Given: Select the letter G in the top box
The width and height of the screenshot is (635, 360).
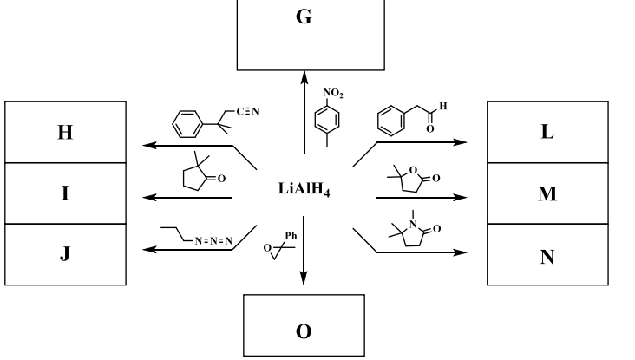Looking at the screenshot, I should [304, 17].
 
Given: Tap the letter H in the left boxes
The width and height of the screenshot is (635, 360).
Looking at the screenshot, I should [65, 134].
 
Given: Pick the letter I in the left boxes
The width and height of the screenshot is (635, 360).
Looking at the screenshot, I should [65, 193].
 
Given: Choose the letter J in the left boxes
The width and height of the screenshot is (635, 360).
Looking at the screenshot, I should [65, 256].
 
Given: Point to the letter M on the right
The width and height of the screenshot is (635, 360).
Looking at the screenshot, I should [547, 193].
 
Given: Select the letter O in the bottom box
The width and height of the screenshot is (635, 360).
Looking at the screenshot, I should [304, 331].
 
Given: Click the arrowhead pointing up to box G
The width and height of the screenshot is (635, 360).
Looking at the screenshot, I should [304, 77].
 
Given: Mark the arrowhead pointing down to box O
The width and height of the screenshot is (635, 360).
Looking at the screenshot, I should [304, 278].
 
